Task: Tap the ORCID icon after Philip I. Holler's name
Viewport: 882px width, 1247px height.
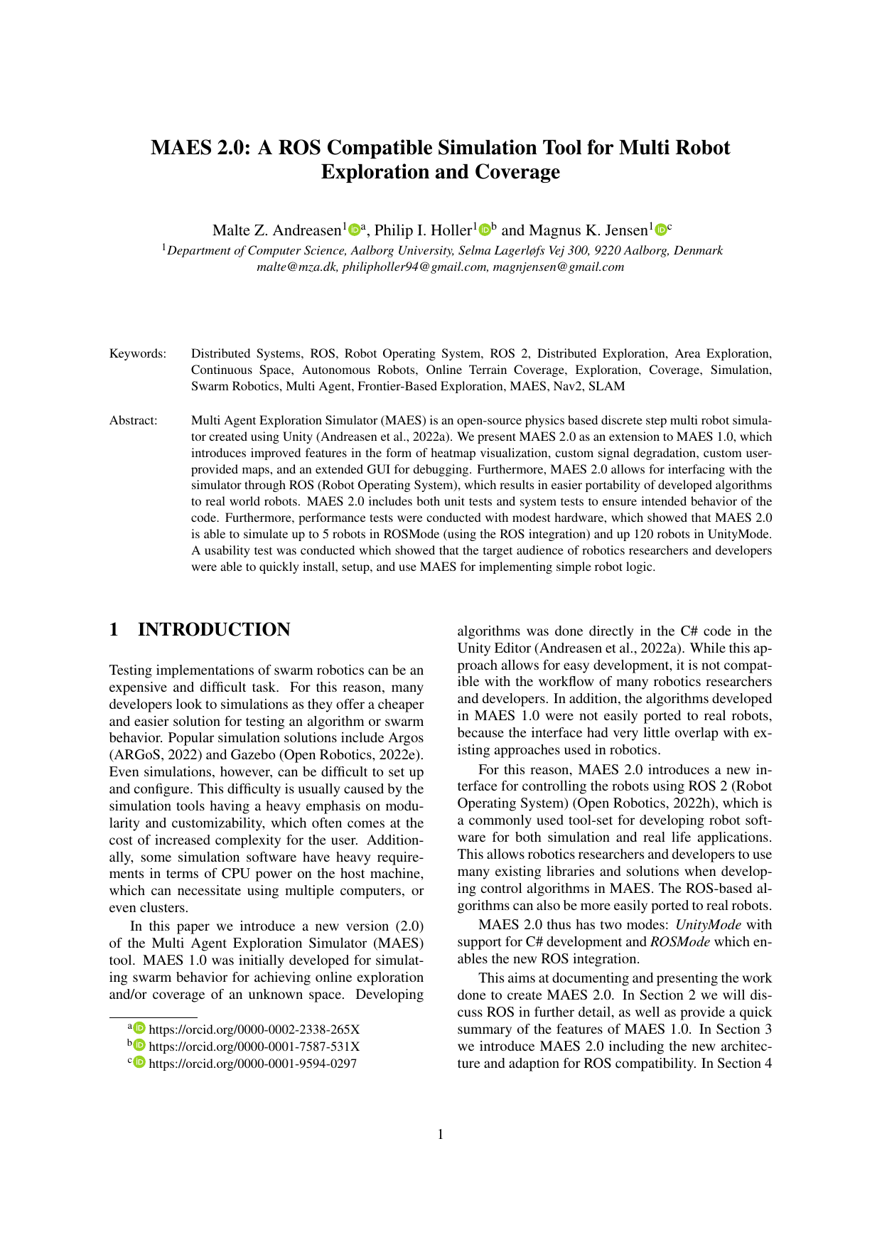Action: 485,230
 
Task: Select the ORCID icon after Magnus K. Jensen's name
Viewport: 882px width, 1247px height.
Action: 661,230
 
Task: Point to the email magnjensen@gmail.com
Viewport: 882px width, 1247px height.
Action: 559,267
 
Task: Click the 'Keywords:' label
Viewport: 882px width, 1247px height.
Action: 137,353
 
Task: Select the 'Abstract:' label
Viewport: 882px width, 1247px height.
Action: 133,420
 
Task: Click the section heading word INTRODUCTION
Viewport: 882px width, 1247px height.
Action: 213,630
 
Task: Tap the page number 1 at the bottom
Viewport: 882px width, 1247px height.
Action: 441,1134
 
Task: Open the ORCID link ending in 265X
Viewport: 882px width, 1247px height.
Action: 254,1029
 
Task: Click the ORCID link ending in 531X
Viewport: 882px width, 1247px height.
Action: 254,1047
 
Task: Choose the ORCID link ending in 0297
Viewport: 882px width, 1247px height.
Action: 252,1064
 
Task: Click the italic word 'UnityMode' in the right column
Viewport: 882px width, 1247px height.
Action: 708,925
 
